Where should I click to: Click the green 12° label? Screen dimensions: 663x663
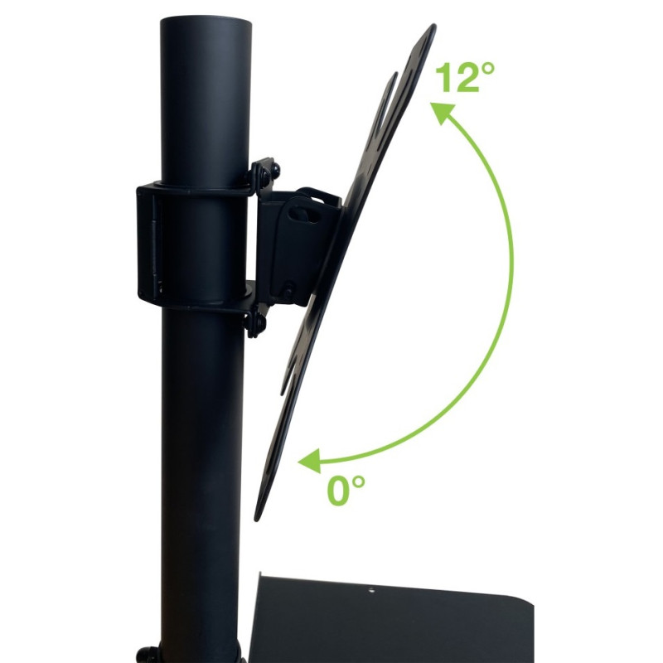pos(464,77)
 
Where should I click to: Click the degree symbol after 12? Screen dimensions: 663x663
pos(487,69)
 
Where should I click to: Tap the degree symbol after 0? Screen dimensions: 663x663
pos(358,482)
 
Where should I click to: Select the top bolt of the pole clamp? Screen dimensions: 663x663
pos(265,172)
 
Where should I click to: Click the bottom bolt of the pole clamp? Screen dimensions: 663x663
pos(255,323)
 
